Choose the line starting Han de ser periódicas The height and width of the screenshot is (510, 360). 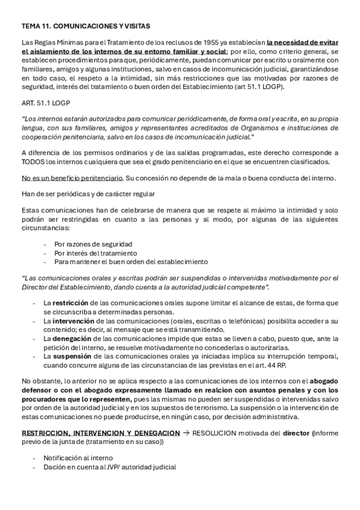click(88, 193)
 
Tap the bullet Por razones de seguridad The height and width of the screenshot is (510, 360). click(93, 244)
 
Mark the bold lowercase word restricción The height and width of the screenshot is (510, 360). click(70, 303)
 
